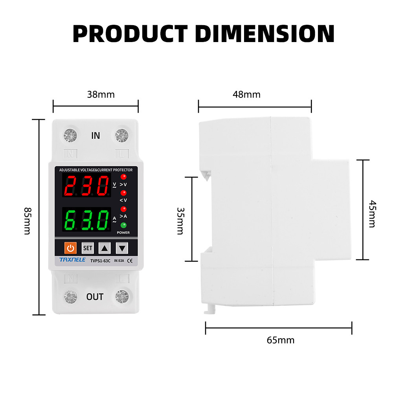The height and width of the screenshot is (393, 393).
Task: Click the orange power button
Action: tap(70, 248)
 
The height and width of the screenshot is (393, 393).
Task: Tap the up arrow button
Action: tap(105, 248)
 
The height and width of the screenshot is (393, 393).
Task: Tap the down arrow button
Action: tap(122, 248)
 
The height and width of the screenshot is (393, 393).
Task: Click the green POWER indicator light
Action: tap(123, 225)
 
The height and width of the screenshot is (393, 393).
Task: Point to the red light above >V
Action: tap(123, 177)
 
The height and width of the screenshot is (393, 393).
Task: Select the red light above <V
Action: tap(123, 193)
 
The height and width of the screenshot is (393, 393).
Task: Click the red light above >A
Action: tap(123, 209)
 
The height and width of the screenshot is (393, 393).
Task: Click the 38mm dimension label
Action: tap(101, 94)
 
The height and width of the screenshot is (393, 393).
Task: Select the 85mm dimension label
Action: tap(28, 221)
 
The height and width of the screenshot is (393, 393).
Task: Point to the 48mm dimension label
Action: tap(247, 94)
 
